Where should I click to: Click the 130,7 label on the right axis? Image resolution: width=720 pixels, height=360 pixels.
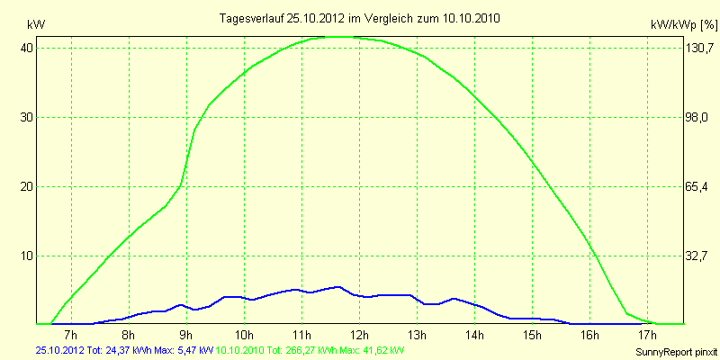tap(697, 48)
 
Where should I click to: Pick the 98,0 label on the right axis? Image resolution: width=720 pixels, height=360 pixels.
tap(697, 117)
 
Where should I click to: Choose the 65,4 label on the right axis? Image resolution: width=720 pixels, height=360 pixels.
tap(697, 186)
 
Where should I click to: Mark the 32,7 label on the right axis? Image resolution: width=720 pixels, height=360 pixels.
tap(697, 256)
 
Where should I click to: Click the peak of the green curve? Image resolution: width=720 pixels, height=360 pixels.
tap(337, 37)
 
